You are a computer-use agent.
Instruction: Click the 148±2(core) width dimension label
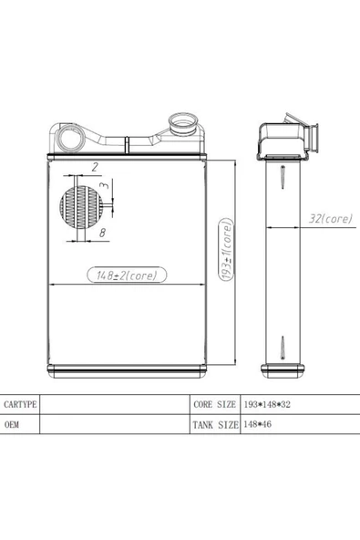127,275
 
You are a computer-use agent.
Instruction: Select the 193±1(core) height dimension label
226,250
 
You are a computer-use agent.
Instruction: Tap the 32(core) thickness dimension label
331,218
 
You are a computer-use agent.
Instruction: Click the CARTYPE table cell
20,404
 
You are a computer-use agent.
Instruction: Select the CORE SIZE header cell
214,404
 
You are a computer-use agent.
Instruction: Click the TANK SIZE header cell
215,425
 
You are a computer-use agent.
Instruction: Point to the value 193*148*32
267,404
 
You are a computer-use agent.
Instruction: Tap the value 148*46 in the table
257,424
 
